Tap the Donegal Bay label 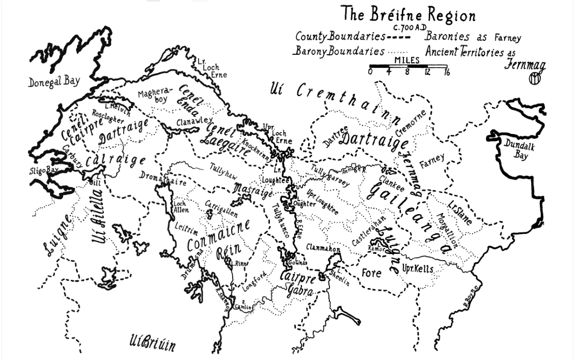pyautogui.click(x=54, y=82)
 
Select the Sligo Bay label pyautogui.click(x=43, y=170)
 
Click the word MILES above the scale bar pyautogui.click(x=407, y=60)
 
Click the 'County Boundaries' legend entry pyautogui.click(x=340, y=37)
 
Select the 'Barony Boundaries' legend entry pyautogui.click(x=338, y=52)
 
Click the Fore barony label pyautogui.click(x=371, y=273)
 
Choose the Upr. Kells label pyautogui.click(x=417, y=269)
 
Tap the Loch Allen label pyautogui.click(x=179, y=207)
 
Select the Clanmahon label pyautogui.click(x=323, y=249)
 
